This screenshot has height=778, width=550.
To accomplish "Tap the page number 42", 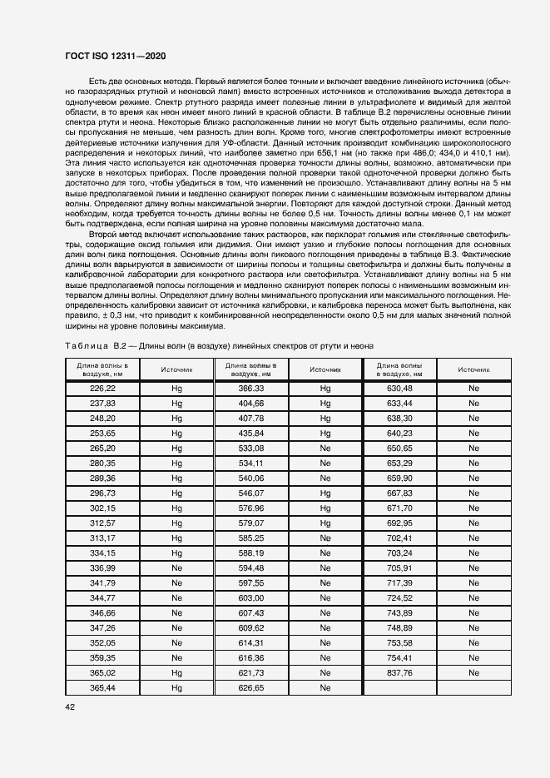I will [70, 706].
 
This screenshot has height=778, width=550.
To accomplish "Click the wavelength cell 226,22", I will [102, 388].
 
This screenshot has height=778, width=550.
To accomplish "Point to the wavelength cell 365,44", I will [102, 688].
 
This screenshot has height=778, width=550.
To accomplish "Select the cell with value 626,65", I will [250, 688].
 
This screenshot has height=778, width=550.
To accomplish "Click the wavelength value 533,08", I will [250, 448].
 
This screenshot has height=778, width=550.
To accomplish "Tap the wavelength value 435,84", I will [250, 433].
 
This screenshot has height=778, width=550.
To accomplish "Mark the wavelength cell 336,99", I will [102, 568].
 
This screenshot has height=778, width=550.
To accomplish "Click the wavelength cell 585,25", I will [250, 538].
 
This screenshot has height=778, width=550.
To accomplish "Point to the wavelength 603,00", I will [250, 598].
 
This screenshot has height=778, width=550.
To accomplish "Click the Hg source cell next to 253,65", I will [176, 433].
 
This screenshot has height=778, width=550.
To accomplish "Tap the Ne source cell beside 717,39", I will [473, 583].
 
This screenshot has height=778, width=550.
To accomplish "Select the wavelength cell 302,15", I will [102, 508].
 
